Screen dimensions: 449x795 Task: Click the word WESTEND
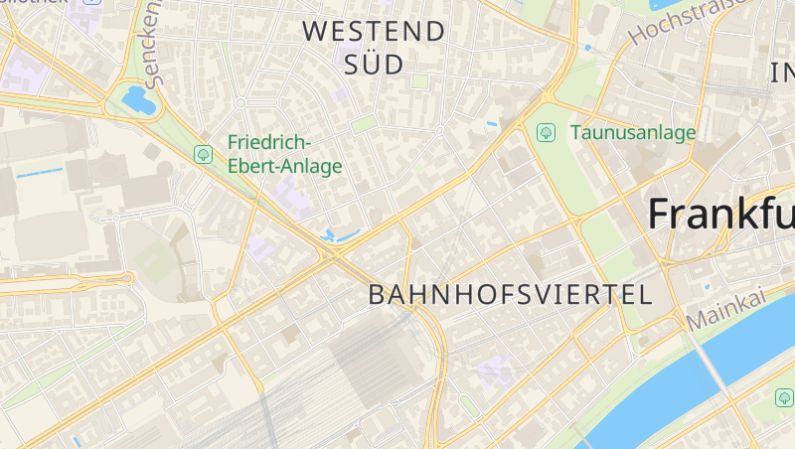(374, 31)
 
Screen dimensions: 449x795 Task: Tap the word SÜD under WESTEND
(374, 66)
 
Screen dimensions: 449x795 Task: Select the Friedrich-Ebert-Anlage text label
(284, 155)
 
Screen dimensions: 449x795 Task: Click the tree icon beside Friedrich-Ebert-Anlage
(203, 153)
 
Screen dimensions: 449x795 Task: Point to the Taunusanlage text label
(633, 132)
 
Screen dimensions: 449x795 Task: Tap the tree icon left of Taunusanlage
(545, 132)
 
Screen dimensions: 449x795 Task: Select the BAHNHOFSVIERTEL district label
(510, 294)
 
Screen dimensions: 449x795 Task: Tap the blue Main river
(696, 387)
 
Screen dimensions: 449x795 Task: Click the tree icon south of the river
(784, 397)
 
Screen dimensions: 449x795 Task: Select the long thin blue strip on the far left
(40, 173)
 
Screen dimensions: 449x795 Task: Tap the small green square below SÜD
(364, 124)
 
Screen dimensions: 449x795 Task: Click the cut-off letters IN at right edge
(783, 71)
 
